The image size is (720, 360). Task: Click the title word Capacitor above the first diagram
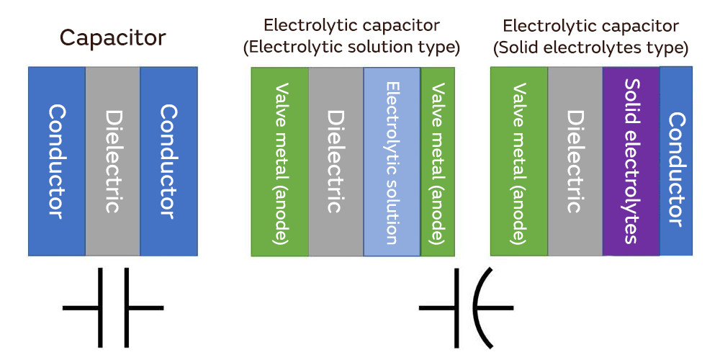(x=112, y=37)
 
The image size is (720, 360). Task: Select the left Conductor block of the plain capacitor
(x=57, y=161)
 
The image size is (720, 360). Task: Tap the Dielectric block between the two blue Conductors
(x=112, y=161)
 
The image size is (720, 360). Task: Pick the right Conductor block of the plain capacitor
(x=168, y=161)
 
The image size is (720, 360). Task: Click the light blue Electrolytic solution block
(x=392, y=162)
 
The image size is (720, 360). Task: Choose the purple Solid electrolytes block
(x=631, y=161)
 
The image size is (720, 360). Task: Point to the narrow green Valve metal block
(x=438, y=162)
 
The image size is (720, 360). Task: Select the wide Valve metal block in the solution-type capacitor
(x=280, y=162)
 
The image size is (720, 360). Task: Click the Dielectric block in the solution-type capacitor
(x=336, y=162)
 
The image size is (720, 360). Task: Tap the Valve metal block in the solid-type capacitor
(x=518, y=161)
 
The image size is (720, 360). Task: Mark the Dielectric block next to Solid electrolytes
(x=575, y=161)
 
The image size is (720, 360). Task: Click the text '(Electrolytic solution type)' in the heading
(x=351, y=48)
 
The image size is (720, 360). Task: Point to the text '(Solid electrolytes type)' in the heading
(x=590, y=48)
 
